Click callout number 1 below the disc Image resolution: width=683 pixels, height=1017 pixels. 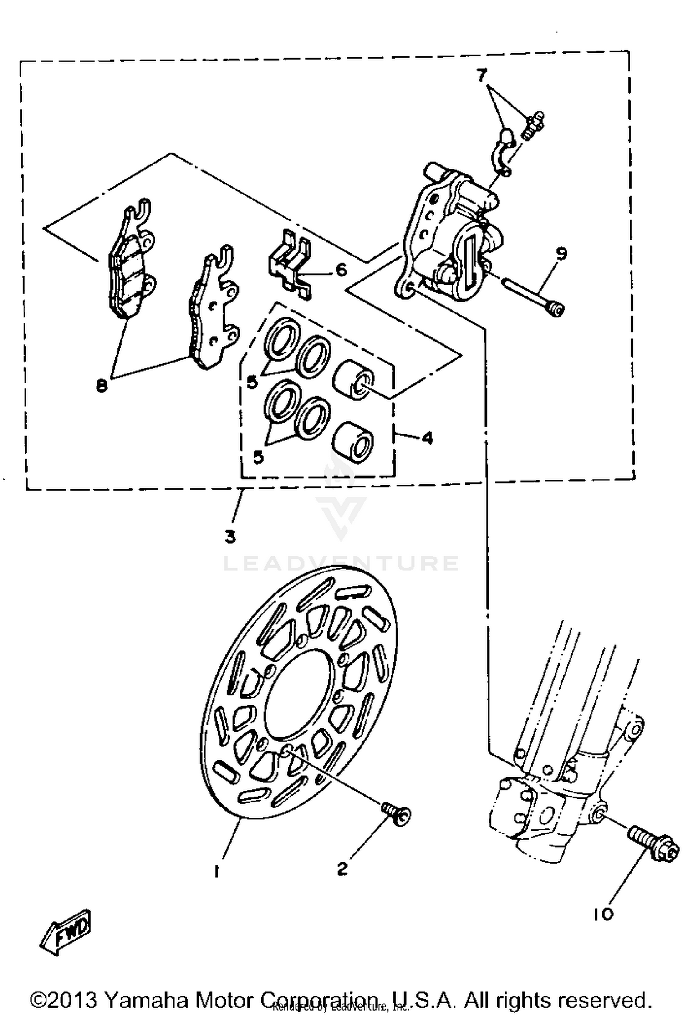pyautogui.click(x=217, y=871)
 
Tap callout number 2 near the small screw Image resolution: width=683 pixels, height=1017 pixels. pyautogui.click(x=342, y=869)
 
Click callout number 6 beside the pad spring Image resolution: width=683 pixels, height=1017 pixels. pyautogui.click(x=341, y=270)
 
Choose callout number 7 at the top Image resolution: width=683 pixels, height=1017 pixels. pyautogui.click(x=482, y=76)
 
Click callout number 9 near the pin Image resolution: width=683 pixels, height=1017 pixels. pyautogui.click(x=561, y=253)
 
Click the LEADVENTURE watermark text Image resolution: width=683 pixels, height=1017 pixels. pyautogui.click(x=341, y=563)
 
